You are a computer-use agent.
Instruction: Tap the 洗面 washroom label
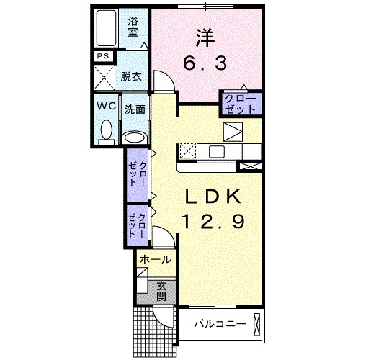pos(135,110)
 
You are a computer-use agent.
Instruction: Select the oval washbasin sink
pos(135,137)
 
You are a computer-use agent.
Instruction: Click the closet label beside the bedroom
pos(240,104)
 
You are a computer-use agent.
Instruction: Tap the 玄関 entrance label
pos(161,291)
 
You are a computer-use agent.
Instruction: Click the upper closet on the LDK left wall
pos(139,174)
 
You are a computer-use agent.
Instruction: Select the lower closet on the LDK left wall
pos(138,225)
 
